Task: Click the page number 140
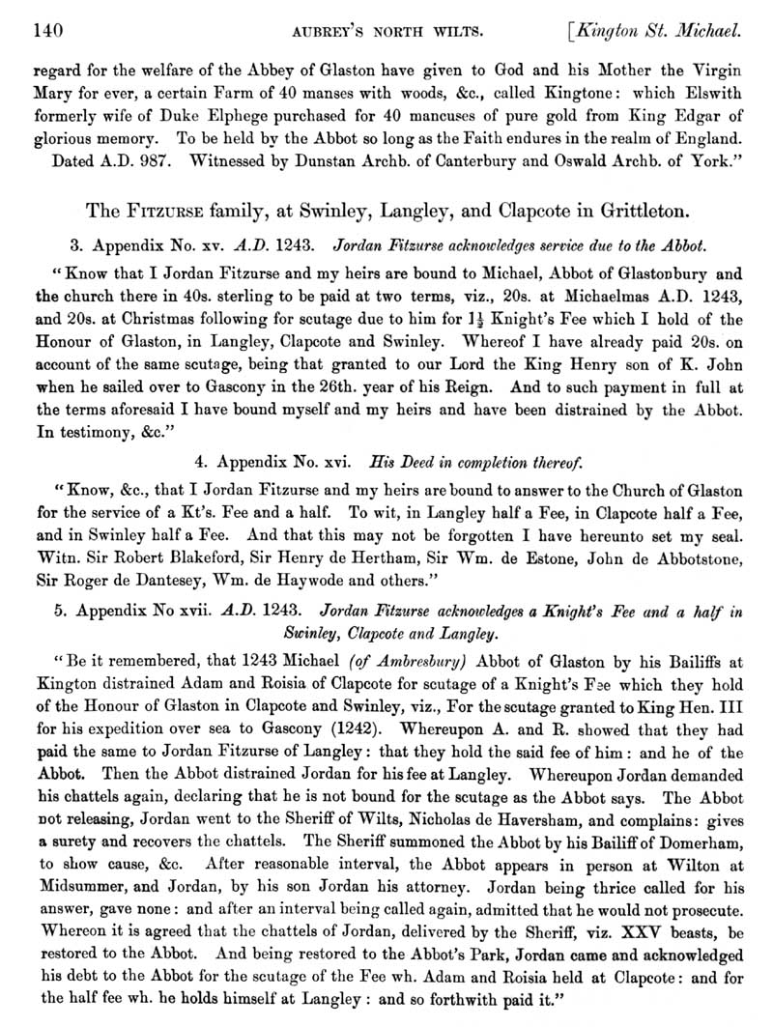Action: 48,32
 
